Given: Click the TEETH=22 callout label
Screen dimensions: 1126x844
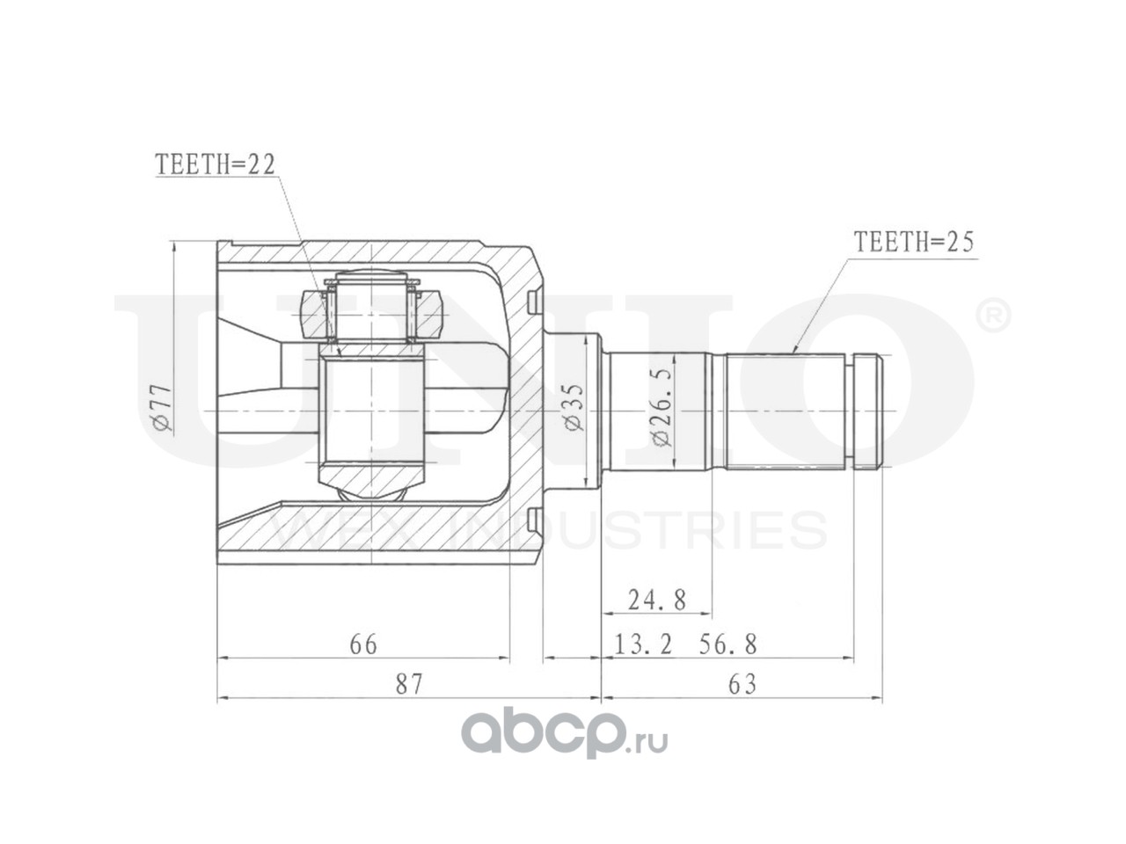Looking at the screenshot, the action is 216,164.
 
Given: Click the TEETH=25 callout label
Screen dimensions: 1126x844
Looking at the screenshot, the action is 914,242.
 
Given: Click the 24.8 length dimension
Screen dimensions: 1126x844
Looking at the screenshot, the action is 657,600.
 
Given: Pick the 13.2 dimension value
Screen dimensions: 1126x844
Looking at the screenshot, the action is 643,644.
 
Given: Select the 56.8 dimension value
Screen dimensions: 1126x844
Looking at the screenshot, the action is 728,644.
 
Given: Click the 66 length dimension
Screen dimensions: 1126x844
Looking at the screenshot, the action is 363,644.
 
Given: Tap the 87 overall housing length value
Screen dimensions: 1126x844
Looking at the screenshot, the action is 409,684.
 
